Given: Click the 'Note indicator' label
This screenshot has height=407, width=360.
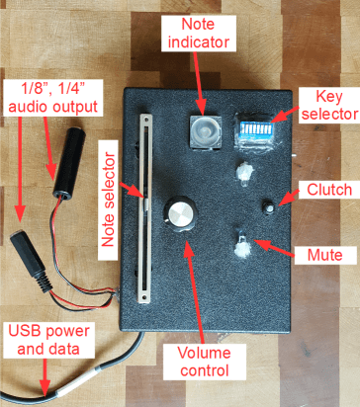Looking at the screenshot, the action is point(199,34).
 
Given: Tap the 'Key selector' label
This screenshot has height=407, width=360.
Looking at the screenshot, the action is point(329,105).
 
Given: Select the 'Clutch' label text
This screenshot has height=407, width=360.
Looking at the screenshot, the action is point(329,190).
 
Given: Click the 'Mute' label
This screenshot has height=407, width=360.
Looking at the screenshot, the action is point(325,255).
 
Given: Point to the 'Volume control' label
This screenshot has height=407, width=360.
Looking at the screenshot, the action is point(205,362).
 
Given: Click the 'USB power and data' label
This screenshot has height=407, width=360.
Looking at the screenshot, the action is point(48,340).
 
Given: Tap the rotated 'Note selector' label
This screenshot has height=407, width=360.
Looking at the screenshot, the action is point(108,200).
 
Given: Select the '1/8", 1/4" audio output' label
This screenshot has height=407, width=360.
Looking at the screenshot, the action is point(52,98).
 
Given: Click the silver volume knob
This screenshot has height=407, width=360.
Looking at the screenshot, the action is point(180,213).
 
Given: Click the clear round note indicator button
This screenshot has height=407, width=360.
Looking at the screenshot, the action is point(205,131).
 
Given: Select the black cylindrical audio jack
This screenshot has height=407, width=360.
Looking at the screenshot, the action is point(69,164).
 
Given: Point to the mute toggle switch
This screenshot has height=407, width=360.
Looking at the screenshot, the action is point(243,246).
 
